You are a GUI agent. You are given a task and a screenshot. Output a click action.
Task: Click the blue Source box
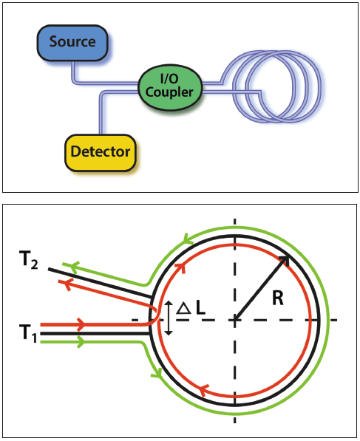coord(72,41)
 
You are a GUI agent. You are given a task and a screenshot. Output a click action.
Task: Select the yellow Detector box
coord(100,151)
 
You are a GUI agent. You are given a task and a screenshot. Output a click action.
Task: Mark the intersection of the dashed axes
coord(235,320)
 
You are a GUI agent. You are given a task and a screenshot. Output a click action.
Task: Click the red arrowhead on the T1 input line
coord(78,324)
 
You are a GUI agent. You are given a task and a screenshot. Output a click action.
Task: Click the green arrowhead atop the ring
coord(183,240)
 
